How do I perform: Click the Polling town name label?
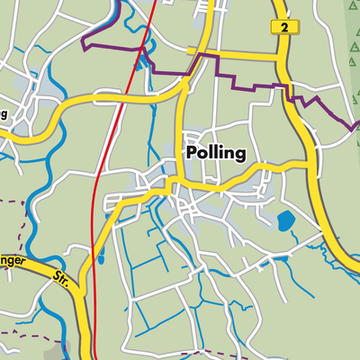215,153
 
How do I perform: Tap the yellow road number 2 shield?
284,29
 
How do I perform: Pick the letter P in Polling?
192,153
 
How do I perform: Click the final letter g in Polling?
239,156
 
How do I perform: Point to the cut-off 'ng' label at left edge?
4,115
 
